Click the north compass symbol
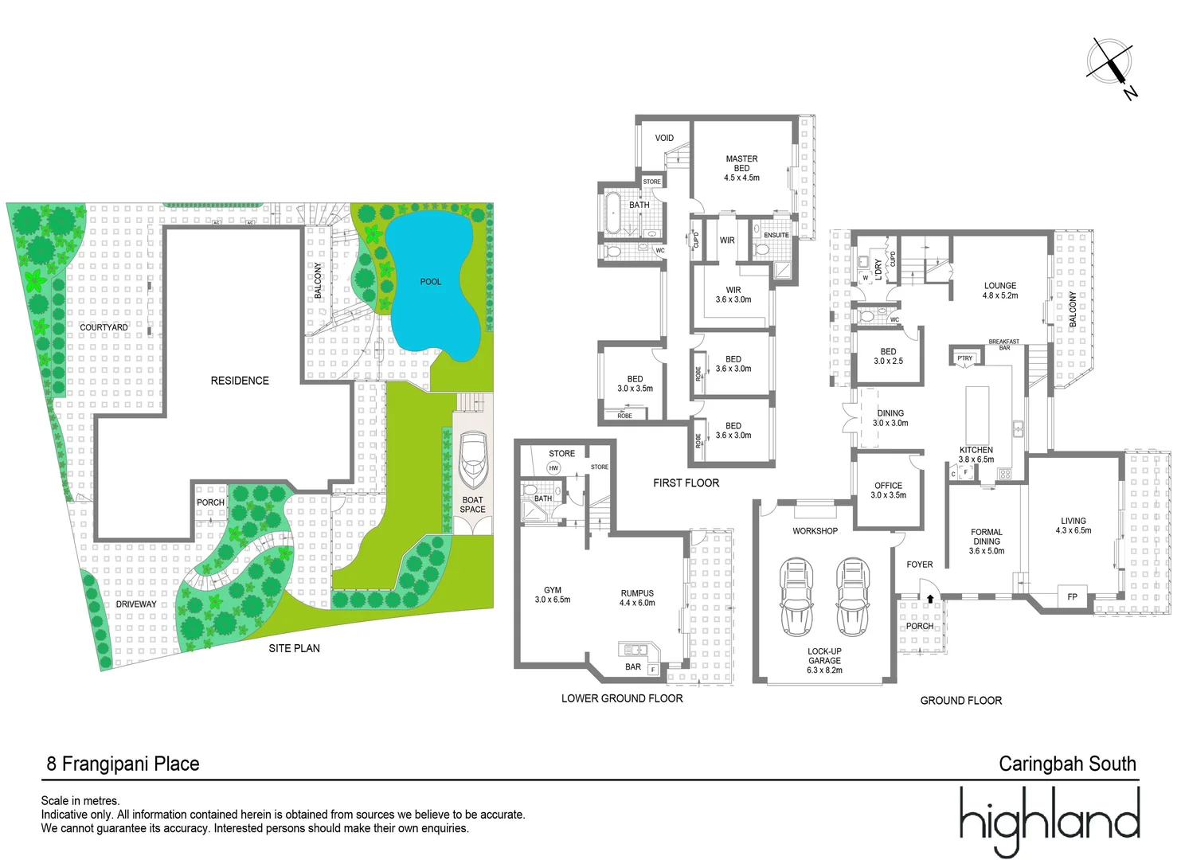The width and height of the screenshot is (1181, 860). click(x=1111, y=64)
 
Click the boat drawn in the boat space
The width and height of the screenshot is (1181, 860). click(x=473, y=460)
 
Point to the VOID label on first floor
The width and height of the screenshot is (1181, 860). click(x=664, y=138)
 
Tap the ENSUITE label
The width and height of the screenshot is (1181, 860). click(x=776, y=235)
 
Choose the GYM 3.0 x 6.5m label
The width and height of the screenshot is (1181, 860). click(x=553, y=595)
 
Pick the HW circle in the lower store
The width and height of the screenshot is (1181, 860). click(x=553, y=468)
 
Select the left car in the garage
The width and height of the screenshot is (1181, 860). click(x=796, y=596)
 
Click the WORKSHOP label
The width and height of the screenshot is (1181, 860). click(x=815, y=531)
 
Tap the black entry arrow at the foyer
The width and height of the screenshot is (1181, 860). click(x=929, y=598)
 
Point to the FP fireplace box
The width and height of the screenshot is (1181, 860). click(x=1072, y=596)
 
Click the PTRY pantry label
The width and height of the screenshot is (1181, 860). click(x=964, y=358)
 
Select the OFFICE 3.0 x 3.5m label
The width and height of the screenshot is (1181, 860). click(x=888, y=490)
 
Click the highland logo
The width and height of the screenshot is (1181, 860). click(x=1049, y=820)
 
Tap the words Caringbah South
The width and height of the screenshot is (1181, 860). click(x=1067, y=764)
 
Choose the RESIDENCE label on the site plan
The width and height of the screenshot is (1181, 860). click(x=240, y=381)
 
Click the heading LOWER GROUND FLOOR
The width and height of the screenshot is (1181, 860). click(x=622, y=698)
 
